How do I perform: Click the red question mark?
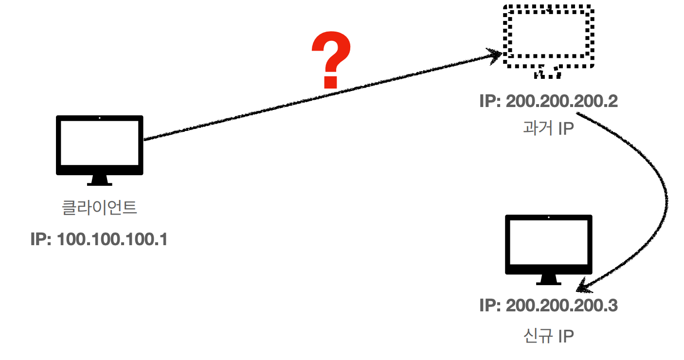331,60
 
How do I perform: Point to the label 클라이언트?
100,208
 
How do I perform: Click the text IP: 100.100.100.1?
99,239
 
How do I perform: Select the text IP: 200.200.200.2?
548,102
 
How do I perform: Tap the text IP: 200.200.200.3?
548,306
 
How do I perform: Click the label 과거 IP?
548,128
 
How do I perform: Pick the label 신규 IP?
548,336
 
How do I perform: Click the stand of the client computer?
100,180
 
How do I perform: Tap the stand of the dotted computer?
548,73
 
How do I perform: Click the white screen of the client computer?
100,143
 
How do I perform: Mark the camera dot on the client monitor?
100,118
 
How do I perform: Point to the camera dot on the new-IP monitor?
548,217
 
